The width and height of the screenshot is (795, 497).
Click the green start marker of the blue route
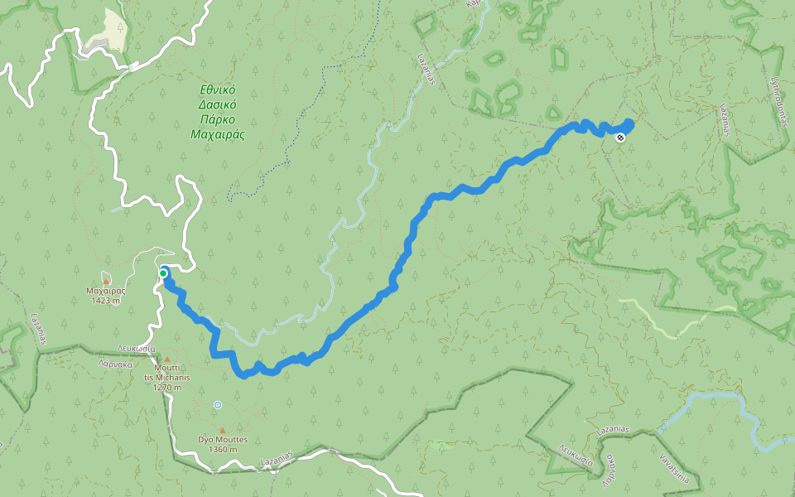click(164, 273)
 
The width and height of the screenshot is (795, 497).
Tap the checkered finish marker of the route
click(620, 138)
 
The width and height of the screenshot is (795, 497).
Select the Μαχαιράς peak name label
click(105, 291)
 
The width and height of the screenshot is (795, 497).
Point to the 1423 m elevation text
click(105, 300)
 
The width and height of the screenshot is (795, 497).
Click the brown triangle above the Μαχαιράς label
click(105, 282)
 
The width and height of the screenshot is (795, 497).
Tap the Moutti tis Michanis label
click(167, 372)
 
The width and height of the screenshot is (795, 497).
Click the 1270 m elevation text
click(167, 386)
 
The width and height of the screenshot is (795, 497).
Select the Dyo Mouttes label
click(223, 440)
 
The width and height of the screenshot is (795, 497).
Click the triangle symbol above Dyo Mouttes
click(222, 430)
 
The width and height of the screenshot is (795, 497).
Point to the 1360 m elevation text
click(223, 449)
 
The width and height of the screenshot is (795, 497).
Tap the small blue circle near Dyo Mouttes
click(217, 404)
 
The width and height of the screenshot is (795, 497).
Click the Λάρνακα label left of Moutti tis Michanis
click(115, 363)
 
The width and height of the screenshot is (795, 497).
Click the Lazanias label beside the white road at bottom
click(277, 458)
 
